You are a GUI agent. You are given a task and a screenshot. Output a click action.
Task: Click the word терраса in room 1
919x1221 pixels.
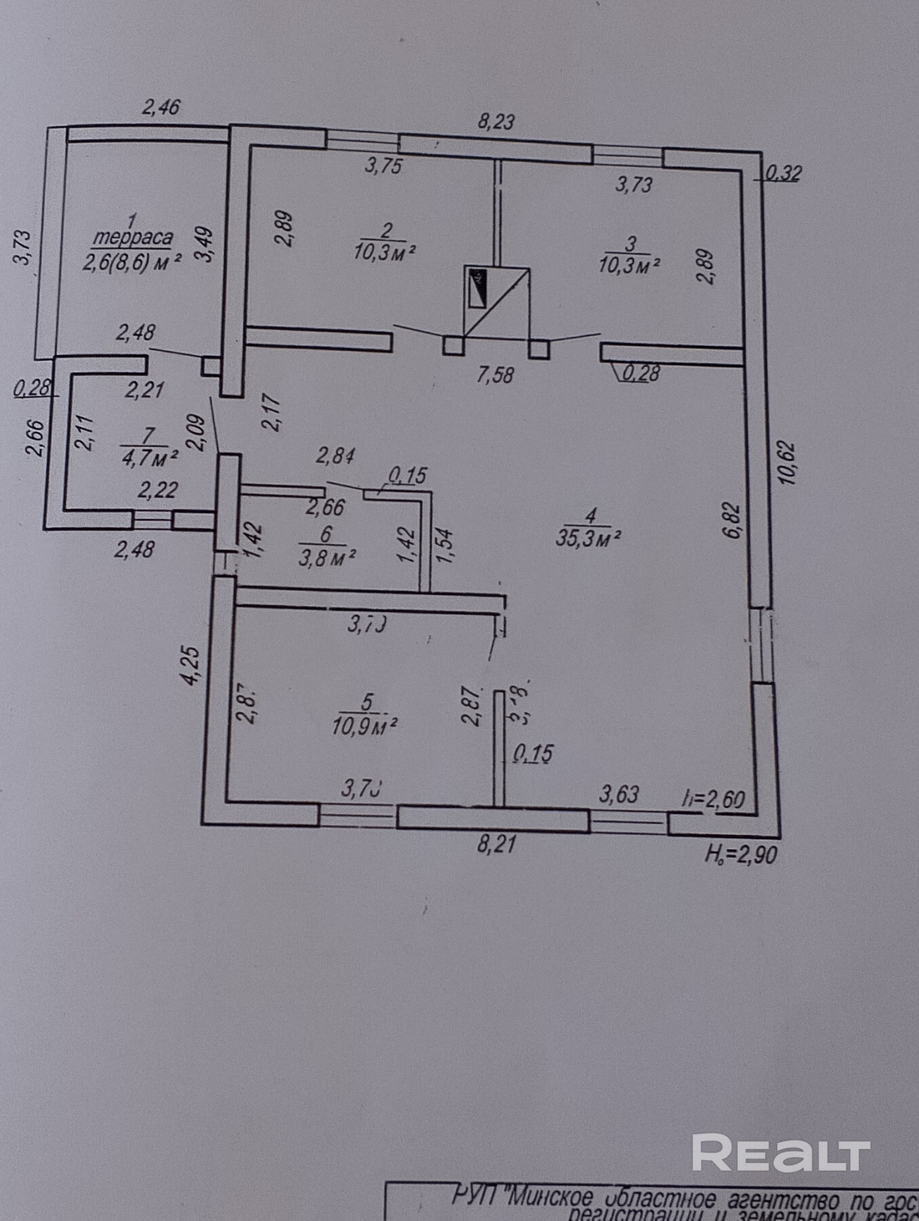click(132, 239)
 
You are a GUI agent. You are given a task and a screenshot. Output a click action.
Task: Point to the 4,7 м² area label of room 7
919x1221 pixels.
click(149, 458)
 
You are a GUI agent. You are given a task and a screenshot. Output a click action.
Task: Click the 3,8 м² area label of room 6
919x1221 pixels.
click(328, 558)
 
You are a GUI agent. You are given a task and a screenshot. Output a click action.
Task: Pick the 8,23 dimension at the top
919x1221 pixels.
click(496, 122)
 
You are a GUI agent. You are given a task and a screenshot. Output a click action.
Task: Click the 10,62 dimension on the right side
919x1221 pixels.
click(787, 463)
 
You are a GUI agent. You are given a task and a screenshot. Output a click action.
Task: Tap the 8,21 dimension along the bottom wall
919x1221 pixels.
click(496, 845)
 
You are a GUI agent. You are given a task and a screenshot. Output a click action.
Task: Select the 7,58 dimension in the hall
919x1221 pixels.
click(494, 374)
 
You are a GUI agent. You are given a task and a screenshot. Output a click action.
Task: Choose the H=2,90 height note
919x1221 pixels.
click(741, 855)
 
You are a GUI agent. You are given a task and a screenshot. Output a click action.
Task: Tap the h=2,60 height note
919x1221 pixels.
click(714, 798)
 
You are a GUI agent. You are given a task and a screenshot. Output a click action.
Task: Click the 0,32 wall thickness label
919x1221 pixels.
click(783, 174)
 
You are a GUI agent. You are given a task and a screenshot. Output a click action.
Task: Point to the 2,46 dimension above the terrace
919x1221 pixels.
click(161, 107)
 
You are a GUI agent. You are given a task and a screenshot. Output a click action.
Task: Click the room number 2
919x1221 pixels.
click(385, 230)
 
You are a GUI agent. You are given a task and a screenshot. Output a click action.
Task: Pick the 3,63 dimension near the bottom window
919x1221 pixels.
click(619, 794)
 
